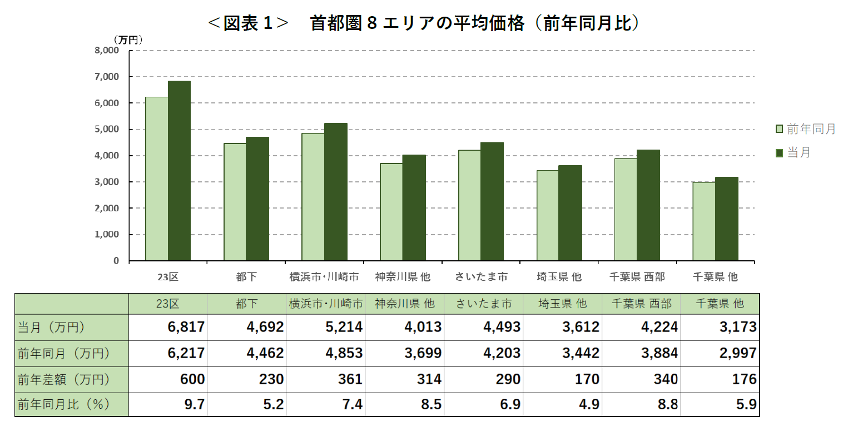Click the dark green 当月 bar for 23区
(x=179, y=171)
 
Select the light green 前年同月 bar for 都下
(x=235, y=202)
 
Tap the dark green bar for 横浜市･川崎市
(x=336, y=192)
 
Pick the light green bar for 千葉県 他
(x=704, y=221)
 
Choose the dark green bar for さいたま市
(x=492, y=201)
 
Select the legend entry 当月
(x=799, y=152)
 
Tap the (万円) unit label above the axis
(x=128, y=39)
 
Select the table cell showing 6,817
(x=186, y=327)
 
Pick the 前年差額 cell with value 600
(x=192, y=379)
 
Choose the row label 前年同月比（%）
(x=63, y=405)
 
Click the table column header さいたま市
(x=483, y=304)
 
